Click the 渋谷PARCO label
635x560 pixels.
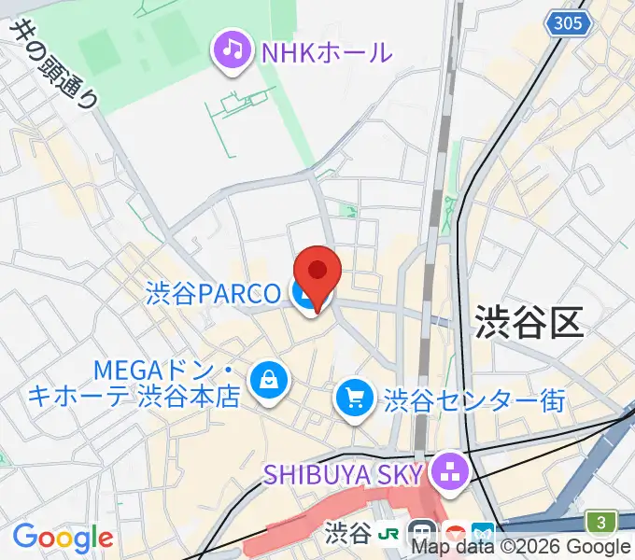(213, 293)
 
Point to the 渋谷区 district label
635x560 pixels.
(529, 322)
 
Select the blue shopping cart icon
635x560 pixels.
(355, 399)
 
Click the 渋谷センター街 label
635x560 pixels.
(474, 400)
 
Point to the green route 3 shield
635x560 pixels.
(602, 521)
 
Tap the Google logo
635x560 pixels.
(63, 538)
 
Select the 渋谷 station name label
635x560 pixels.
(349, 533)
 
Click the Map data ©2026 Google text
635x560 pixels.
(521, 547)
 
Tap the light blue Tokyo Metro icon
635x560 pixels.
(484, 533)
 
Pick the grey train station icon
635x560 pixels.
(422, 533)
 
